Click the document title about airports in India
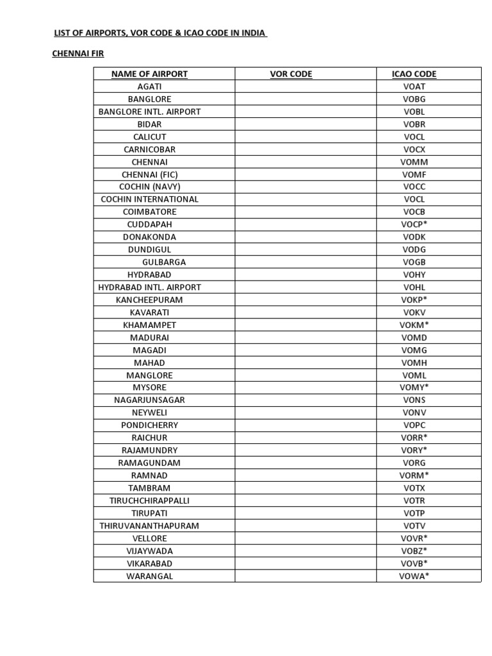[160, 33]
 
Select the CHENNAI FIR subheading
[78, 54]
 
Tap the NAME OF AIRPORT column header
[149, 74]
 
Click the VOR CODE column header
[291, 74]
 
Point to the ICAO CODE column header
[414, 74]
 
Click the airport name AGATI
[149, 86]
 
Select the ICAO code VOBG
[414, 99]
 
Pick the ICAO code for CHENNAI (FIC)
[414, 174]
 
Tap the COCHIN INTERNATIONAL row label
[149, 199]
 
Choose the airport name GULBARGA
[164, 262]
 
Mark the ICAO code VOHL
[414, 287]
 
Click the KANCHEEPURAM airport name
[149, 300]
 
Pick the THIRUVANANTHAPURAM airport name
[149, 526]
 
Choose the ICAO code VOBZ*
[414, 551]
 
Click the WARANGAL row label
[149, 576]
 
